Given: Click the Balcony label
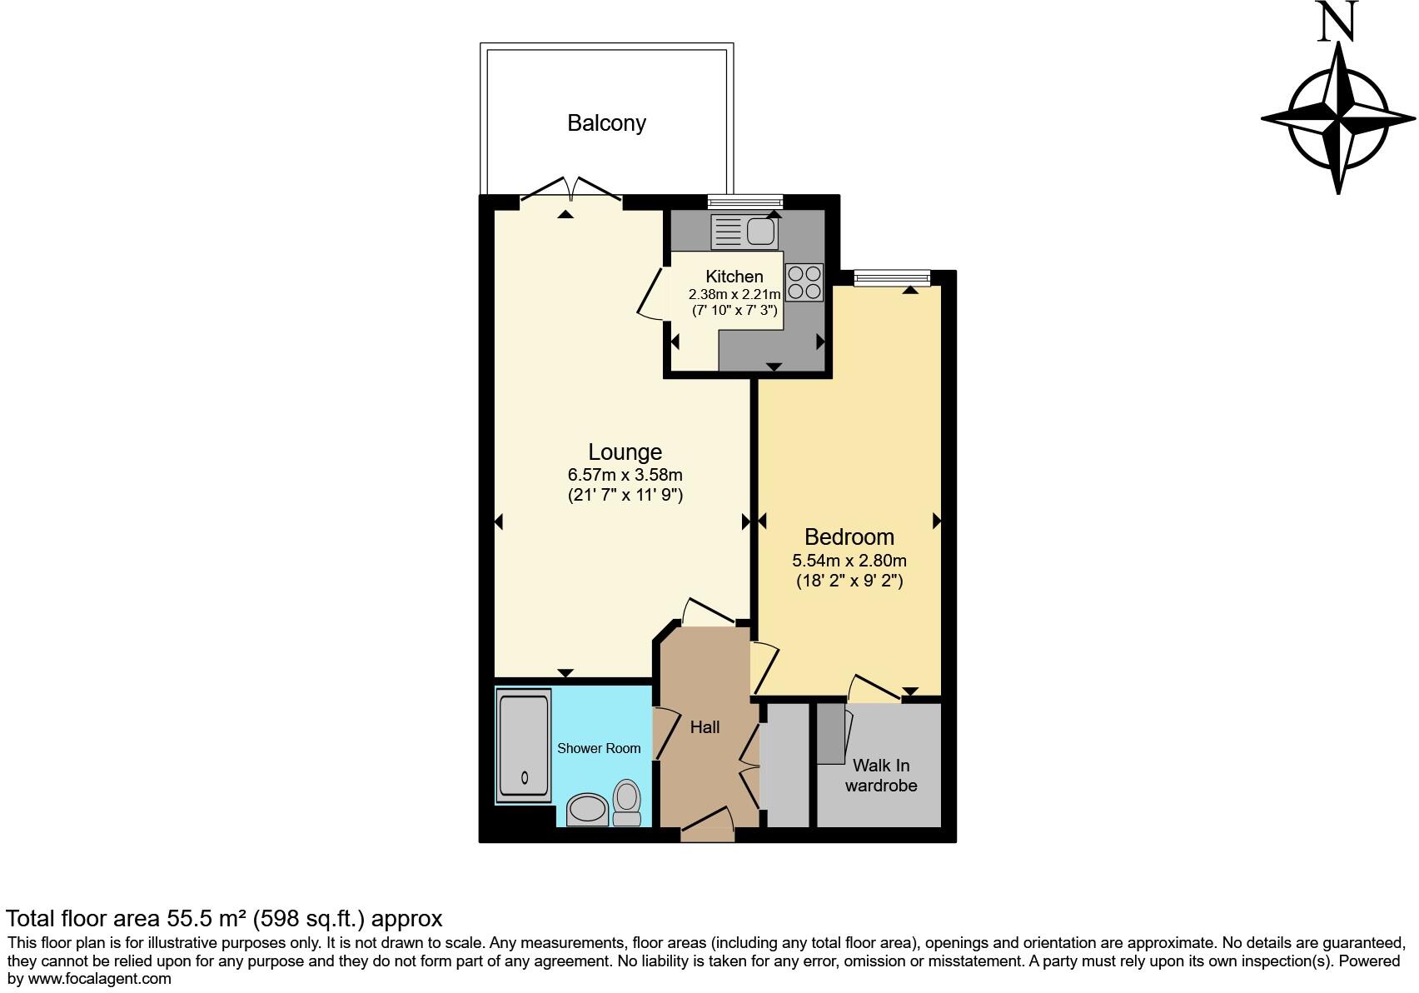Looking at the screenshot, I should [606, 123].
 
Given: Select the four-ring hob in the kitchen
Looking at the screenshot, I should [804, 282].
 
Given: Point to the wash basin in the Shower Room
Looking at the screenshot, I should [587, 810].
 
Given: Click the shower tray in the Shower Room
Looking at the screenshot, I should [524, 745].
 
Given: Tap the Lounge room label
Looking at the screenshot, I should [625, 452].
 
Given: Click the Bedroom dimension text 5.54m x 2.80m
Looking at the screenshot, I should [849, 561].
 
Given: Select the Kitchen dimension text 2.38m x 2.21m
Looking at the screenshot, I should [734, 294].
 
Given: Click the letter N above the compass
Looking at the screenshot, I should [1337, 22].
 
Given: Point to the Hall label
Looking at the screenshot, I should [705, 727].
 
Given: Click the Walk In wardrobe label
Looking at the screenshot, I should [880, 776].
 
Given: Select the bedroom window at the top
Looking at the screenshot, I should [891, 277].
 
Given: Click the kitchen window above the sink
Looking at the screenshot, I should [744, 201].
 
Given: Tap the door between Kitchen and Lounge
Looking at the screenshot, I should [651, 292].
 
